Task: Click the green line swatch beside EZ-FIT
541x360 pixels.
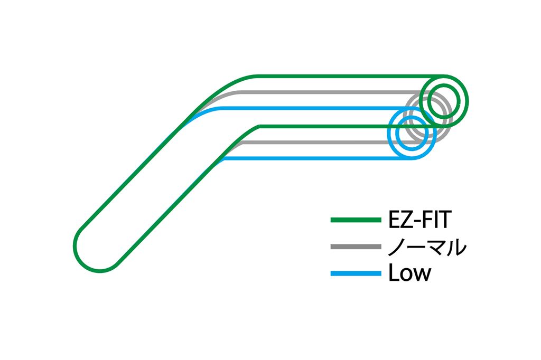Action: tap(356, 219)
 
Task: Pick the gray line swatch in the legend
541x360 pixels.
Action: tap(356, 247)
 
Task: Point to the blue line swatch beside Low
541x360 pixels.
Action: tap(356, 273)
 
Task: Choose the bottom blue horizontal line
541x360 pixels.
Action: tap(317, 159)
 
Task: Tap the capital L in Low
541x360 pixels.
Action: tap(393, 273)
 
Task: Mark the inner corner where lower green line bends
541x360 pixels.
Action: tap(258, 127)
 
